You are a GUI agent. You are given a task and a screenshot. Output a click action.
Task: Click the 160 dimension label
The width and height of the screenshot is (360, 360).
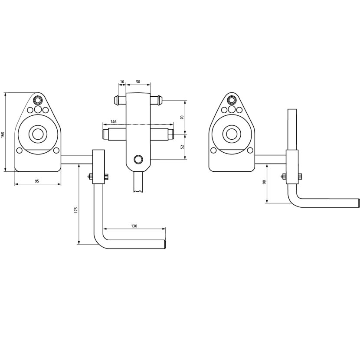pyautogui.click(x=3, y=134)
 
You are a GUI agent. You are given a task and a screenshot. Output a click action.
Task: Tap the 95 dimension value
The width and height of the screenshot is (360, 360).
pyautogui.click(x=37, y=181)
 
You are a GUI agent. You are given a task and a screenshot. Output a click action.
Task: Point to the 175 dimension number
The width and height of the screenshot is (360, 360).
pyautogui.click(x=76, y=210)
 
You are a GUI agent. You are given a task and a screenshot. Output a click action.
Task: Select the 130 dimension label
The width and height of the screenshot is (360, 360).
pyautogui.click(x=134, y=226)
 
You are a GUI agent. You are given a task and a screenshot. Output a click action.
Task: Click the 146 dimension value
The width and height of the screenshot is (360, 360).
pyautogui.click(x=113, y=122)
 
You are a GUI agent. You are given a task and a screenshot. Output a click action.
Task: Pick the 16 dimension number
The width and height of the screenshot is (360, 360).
pyautogui.click(x=122, y=82)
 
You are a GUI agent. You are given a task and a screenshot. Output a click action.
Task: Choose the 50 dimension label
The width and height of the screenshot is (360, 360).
pyautogui.click(x=138, y=82)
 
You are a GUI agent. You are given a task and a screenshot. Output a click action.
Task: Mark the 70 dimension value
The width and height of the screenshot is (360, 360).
pyautogui.click(x=182, y=117)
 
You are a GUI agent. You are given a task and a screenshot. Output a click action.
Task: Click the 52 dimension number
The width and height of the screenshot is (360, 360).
pyautogui.click(x=183, y=147)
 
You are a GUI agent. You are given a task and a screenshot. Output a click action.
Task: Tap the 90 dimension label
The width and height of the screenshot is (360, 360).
pyautogui.click(x=264, y=182)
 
